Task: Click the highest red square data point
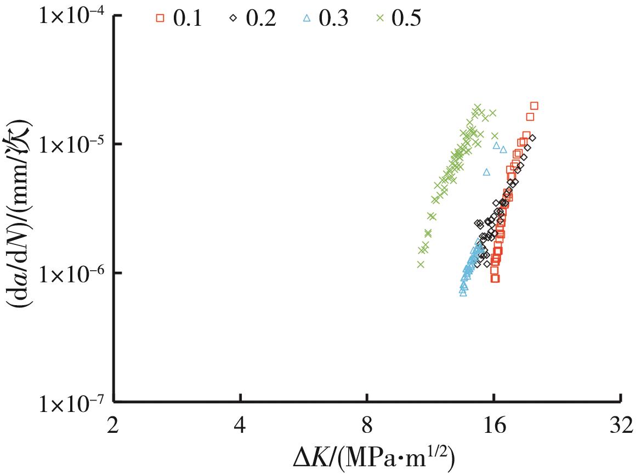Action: pyautogui.click(x=534, y=105)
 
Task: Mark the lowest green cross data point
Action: pyautogui.click(x=421, y=264)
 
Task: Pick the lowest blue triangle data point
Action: pyautogui.click(x=463, y=293)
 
